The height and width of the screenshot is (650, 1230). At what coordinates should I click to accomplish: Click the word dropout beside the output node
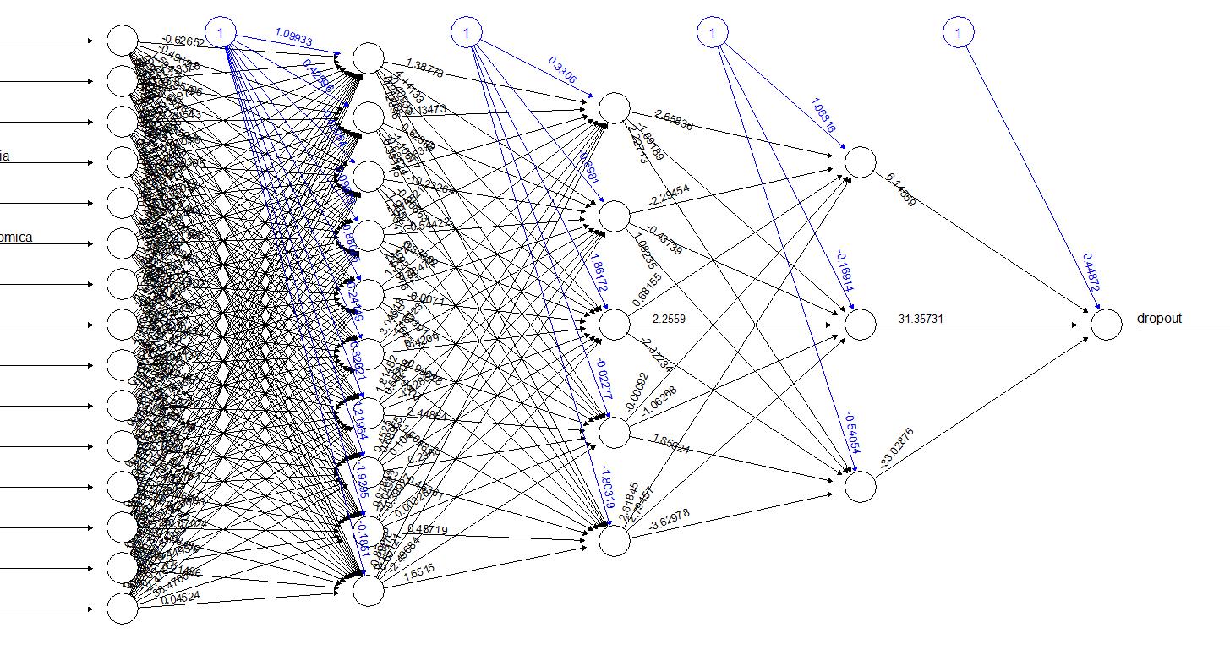pos(1159,319)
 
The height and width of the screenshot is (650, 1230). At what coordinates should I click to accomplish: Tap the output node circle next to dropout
pos(1106,325)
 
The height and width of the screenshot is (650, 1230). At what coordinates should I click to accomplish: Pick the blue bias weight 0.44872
pos(1090,271)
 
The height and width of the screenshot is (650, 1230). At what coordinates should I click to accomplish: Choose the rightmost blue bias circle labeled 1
pos(959,33)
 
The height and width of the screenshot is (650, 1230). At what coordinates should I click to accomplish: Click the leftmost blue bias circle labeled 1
pos(221,33)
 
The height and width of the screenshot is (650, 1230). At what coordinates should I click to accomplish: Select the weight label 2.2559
pos(670,318)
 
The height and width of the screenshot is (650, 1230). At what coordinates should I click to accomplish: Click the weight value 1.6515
pos(420,571)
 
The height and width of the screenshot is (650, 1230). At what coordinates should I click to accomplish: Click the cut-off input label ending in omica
pos(16,238)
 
